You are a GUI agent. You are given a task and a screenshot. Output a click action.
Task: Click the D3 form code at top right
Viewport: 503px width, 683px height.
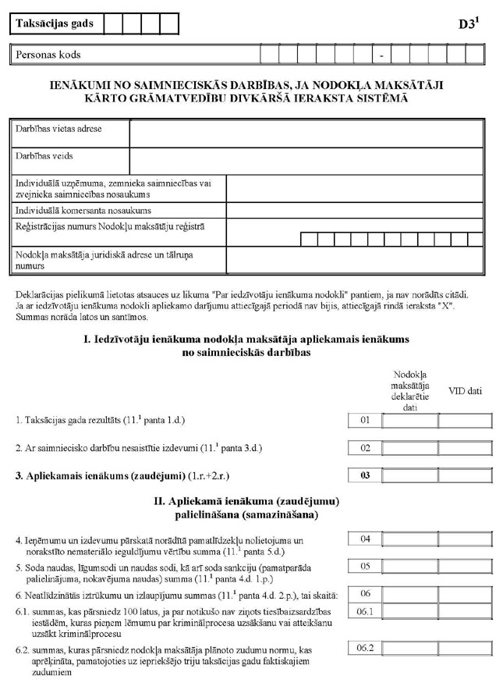pos(468,23)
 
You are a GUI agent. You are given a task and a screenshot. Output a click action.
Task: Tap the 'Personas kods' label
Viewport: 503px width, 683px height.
pos(48,55)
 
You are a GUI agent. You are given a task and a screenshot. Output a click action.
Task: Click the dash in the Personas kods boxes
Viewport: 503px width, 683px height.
pos(381,55)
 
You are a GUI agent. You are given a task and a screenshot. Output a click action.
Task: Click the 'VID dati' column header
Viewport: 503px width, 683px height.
pos(465,390)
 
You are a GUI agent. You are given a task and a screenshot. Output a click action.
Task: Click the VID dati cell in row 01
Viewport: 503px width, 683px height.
pos(465,422)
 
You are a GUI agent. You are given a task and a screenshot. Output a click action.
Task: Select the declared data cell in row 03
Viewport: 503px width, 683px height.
pos(409,475)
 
